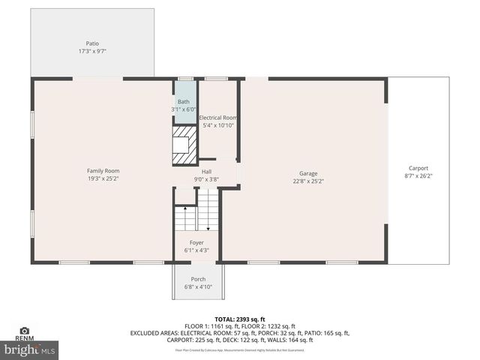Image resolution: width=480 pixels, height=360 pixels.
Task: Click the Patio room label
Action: tap(92, 43)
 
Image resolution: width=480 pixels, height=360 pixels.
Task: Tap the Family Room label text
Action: tap(103, 171)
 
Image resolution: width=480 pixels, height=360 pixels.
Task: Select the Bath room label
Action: tap(184, 102)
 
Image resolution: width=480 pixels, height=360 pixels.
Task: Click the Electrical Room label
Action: tap(218, 118)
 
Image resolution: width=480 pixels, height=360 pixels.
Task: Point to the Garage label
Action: tap(308, 172)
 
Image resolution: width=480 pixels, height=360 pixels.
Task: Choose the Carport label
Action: tap(418, 168)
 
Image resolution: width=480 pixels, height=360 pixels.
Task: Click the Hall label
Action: tap(206, 172)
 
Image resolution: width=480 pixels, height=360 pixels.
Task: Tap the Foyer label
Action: tap(196, 242)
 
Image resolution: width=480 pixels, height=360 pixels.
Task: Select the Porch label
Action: tap(198, 279)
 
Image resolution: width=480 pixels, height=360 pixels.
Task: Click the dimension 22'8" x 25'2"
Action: tap(308, 181)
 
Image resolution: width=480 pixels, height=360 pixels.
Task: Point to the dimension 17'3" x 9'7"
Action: tap(92, 52)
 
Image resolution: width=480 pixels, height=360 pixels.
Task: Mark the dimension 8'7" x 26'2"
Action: tap(418, 176)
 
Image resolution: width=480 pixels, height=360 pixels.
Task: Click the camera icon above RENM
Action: tap(25, 331)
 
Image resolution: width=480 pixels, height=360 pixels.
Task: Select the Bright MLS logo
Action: tap(30, 349)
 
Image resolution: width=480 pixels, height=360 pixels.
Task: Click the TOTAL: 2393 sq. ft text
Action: tap(240, 319)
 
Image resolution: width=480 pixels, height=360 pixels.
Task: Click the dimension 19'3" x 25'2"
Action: tap(103, 179)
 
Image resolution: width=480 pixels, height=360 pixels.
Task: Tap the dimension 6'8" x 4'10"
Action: tap(198, 287)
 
